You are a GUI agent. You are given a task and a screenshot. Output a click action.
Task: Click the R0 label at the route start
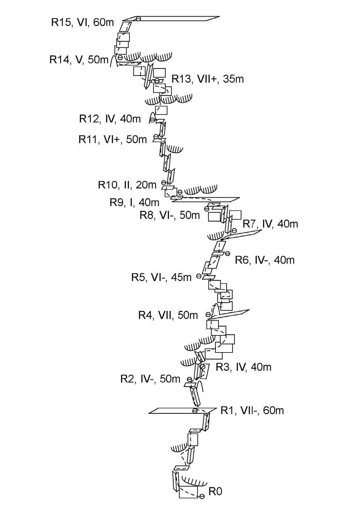pos(215,492)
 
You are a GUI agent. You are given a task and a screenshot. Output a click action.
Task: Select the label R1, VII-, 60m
pos(252,410)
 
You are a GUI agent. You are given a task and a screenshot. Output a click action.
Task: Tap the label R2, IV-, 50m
pos(150,379)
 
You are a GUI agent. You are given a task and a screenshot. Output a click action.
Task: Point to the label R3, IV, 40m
pos(243,367)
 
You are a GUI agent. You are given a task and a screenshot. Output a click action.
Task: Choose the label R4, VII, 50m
pos(168,315)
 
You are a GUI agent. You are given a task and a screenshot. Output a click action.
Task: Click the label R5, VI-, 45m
pos(161,277)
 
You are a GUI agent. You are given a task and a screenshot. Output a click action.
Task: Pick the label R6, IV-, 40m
pos(265,260)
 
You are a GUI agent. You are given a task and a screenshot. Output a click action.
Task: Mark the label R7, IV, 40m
pos(270,224)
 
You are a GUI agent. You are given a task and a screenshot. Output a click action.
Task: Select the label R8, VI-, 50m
pos(169,215)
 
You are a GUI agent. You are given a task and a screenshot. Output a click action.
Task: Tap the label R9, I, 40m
pos(134,202)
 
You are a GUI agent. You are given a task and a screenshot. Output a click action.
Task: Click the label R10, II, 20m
pos(127,185)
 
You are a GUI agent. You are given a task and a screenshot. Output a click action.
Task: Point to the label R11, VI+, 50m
pos(113,139)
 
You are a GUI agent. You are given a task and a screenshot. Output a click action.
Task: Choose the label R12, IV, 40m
pos(110,119)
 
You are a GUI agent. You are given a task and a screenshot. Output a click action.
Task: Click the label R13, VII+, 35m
pos(207,79)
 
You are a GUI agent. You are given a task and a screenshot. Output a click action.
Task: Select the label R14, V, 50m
pos(79,59)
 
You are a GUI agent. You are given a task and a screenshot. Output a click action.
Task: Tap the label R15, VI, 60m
pos(82,22)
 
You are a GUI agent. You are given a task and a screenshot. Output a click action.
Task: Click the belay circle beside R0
pos(202,496)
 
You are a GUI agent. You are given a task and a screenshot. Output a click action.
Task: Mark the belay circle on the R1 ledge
pos(195,410)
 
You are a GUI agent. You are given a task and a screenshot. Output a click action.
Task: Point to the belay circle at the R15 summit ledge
pos(138,19)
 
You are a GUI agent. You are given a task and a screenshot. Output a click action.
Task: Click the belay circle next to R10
pos(163,183)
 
